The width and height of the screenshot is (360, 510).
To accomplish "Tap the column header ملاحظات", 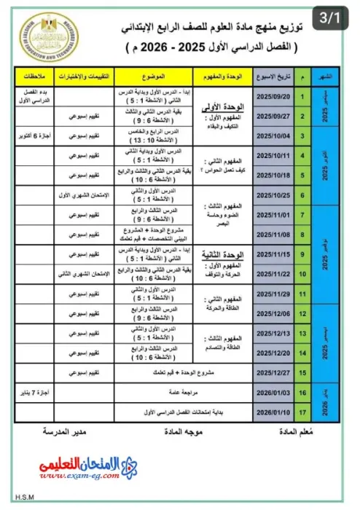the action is [x=33, y=76].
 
